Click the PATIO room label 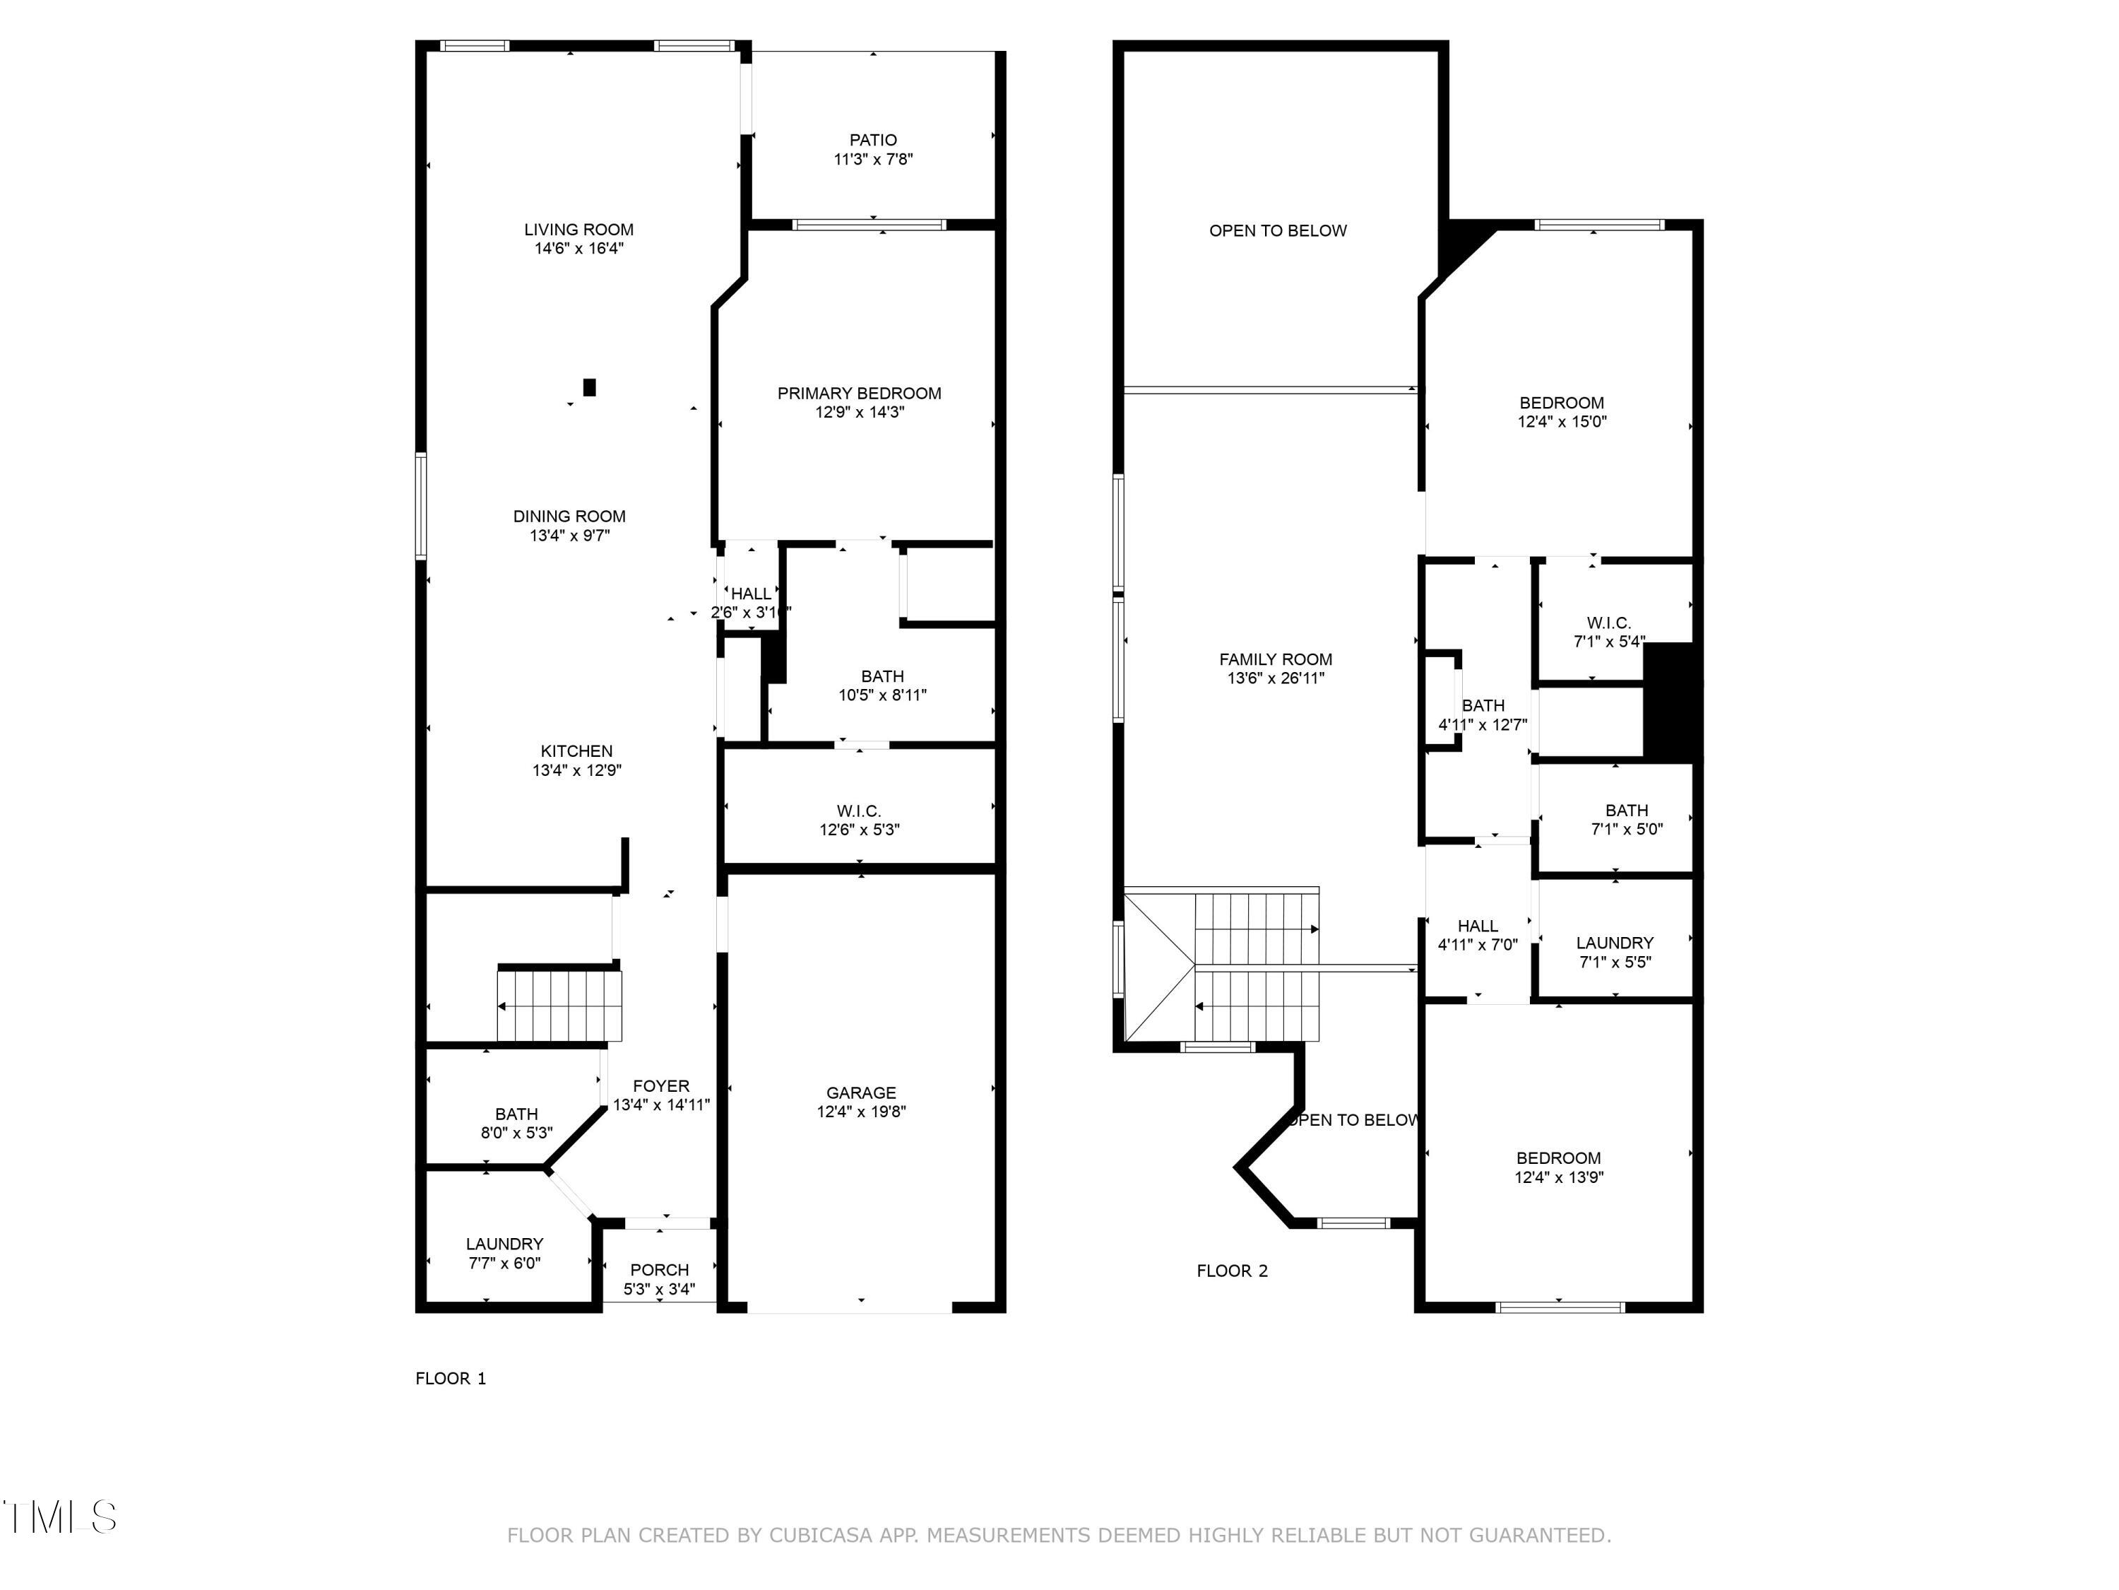873,140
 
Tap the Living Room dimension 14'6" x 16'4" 578,248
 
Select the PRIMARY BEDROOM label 860,393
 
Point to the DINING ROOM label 569,517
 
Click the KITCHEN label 576,751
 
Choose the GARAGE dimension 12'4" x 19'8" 861,1112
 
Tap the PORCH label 660,1270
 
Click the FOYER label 661,1086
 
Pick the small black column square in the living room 590,387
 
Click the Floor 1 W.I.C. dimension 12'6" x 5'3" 860,830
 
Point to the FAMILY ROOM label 1276,659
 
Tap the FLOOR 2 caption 1232,1271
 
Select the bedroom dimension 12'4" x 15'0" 1562,422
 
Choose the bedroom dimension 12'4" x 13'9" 1559,1177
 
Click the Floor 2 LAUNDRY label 1615,943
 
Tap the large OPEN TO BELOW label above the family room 1278,231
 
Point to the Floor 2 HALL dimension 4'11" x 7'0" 1478,945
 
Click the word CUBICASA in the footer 821,1536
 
